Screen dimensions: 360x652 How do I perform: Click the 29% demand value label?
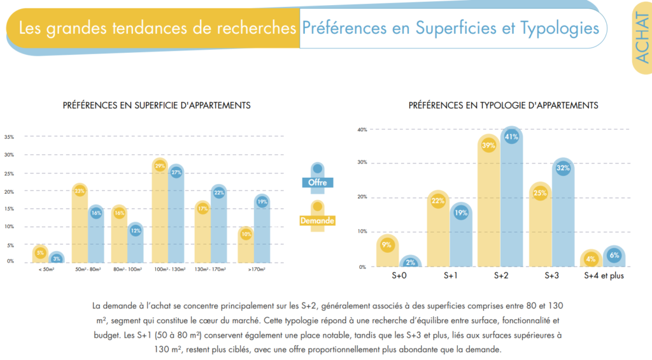click(160, 166)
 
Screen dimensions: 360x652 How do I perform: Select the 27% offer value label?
click(176, 172)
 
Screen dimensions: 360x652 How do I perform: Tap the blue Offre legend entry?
click(317, 182)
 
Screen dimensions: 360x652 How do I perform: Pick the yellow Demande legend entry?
click(317, 220)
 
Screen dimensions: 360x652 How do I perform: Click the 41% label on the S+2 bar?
click(511, 136)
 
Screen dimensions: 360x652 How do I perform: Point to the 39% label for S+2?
click(488, 145)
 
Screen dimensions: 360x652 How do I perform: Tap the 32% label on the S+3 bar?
click(563, 168)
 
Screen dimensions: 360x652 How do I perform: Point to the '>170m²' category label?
click(254, 270)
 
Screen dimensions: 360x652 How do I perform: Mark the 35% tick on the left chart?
click(9, 136)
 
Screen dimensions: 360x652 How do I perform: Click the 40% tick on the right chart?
click(362, 129)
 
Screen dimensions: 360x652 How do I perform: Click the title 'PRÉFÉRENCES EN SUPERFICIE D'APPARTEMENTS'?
click(156, 105)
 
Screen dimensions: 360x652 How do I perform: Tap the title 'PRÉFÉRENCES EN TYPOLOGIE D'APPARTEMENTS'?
click(503, 105)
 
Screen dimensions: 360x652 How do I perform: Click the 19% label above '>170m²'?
click(262, 202)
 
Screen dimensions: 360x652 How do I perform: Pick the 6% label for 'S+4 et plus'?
click(614, 255)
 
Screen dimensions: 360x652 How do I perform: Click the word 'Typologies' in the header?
click(560, 28)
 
